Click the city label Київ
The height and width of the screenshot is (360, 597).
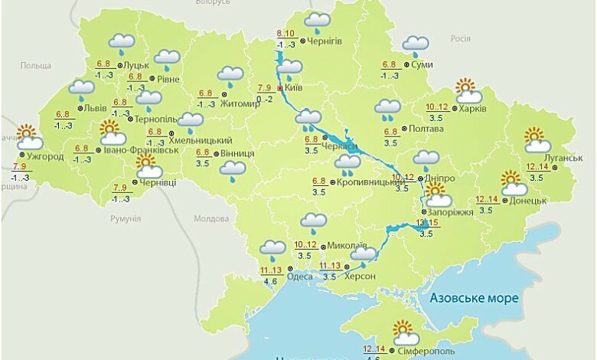click(x=293, y=88)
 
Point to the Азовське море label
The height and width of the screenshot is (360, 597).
click(x=474, y=297)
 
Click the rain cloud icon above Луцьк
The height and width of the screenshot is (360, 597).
click(x=121, y=43)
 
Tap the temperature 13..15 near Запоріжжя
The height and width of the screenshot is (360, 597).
click(x=426, y=223)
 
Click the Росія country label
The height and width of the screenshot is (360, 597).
click(x=460, y=38)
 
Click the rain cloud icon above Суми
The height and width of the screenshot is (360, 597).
click(x=416, y=45)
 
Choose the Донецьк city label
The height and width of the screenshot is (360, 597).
click(x=527, y=201)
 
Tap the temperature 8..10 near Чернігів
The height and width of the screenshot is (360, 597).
click(x=285, y=34)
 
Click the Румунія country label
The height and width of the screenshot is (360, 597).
click(x=126, y=218)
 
